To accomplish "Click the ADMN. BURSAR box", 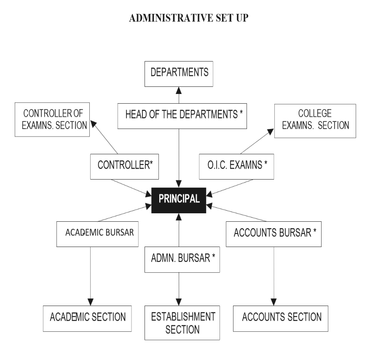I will [182, 258].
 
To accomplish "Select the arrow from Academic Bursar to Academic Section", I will [90, 274].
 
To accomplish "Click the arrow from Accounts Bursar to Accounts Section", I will [274, 274].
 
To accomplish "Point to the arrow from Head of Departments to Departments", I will [179, 95].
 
